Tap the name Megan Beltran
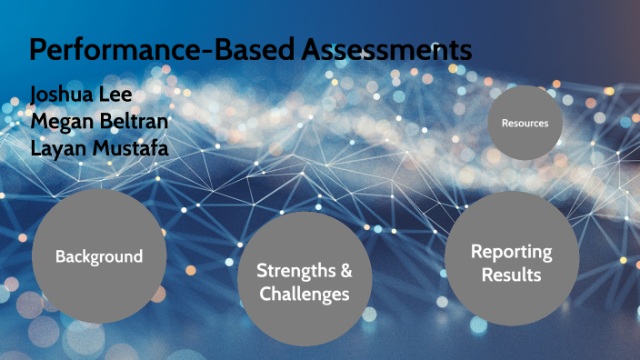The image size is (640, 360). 98,121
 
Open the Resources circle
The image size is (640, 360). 525,123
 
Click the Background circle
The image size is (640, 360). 99,256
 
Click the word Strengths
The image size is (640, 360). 292,270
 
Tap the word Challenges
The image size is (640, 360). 304,294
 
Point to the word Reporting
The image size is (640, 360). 511,252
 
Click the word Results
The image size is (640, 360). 511,274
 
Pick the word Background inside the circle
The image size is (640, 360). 99,256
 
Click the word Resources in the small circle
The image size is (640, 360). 525,123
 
